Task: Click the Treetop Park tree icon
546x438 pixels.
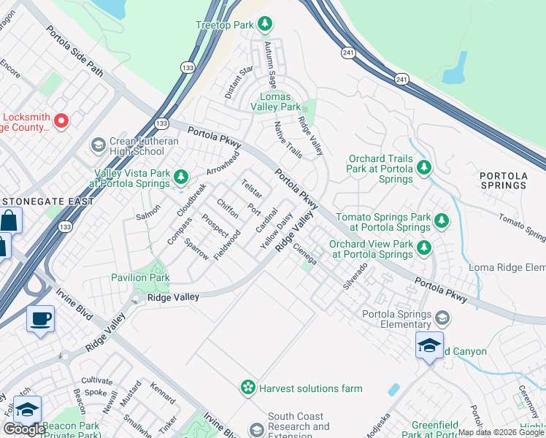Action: point(264,26)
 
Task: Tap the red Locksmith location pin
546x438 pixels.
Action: point(61,121)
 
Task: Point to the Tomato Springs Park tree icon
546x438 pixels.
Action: point(441,220)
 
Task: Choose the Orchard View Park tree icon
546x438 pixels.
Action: point(424,248)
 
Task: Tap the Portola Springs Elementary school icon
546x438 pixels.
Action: point(441,318)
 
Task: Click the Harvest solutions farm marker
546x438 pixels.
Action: point(248,388)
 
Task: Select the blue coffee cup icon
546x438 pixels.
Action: point(40,319)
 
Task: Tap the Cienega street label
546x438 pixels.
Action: point(304,253)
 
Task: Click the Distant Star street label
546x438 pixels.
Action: point(239,82)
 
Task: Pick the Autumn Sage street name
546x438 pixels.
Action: point(270,65)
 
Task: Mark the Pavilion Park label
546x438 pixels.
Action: point(140,277)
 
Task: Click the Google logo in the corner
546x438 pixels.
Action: point(25,429)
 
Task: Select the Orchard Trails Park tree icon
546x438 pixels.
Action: point(424,169)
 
